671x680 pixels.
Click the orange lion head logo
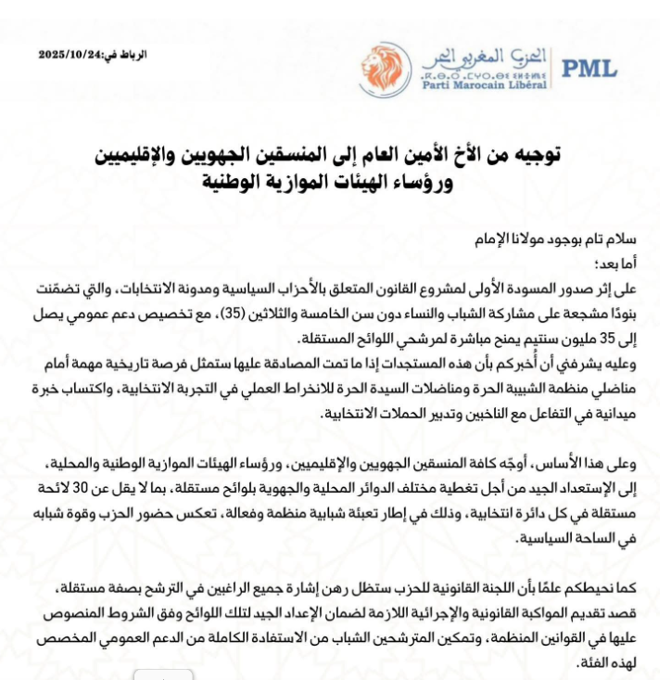385,69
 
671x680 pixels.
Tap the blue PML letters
589,69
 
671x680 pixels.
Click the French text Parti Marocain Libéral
483,84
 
